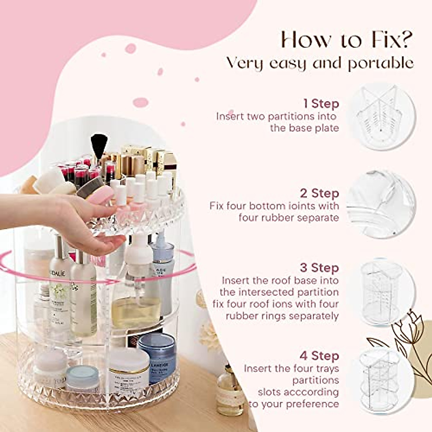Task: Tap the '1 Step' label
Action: tap(321, 104)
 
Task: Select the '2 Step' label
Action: tap(319, 193)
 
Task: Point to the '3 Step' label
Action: tap(319, 268)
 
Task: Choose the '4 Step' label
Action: tap(319, 356)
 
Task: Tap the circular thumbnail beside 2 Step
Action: tap(382, 204)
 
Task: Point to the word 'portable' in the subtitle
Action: tap(380, 63)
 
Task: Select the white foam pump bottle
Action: tap(138, 259)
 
